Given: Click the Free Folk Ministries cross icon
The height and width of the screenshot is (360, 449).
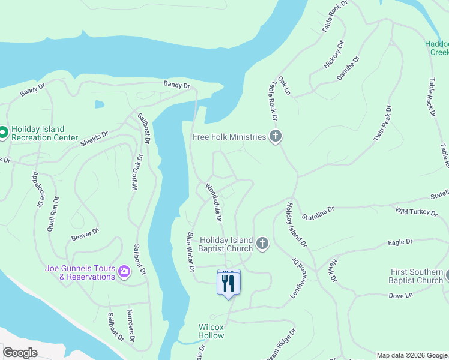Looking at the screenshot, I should [x=276, y=136].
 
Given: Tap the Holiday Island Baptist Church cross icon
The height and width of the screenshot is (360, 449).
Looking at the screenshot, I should [x=262, y=244].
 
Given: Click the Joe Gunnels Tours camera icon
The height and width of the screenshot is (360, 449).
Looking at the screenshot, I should [x=124, y=272].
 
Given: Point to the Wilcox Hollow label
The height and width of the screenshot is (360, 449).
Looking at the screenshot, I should [x=211, y=331].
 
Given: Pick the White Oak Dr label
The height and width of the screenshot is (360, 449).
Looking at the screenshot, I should [x=137, y=173].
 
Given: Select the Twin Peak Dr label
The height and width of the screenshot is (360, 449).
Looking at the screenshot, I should [x=383, y=124].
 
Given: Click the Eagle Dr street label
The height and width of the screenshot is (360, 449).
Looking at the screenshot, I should [x=400, y=242].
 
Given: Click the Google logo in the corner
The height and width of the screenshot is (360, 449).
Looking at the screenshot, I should [x=20, y=353].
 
